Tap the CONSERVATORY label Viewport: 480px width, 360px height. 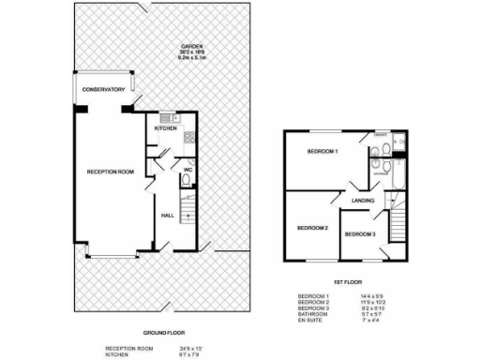(103, 90)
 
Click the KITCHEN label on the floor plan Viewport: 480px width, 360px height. (166, 128)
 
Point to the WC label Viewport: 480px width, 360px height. (187, 171)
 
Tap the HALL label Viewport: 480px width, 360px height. (168, 216)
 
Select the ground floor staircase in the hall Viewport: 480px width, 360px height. (187, 225)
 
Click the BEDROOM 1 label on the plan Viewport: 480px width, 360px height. (322, 151)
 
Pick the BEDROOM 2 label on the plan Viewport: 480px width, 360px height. (312, 228)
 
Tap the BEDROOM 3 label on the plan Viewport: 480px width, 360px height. (360, 233)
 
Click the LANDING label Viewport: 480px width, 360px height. (364, 201)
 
